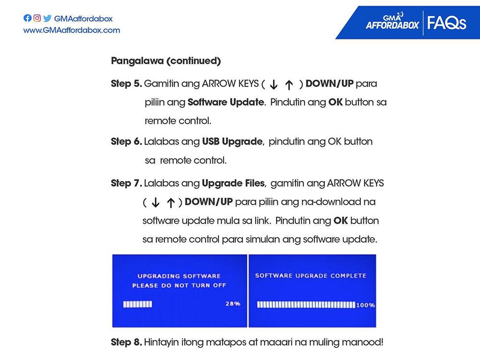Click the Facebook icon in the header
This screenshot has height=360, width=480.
click(27, 19)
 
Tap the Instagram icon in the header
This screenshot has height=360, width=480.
click(37, 19)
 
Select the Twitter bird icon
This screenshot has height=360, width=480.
click(47, 19)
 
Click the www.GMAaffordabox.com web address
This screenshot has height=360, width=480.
click(72, 30)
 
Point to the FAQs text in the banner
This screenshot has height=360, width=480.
click(446, 23)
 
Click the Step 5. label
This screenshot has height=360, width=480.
click(126, 84)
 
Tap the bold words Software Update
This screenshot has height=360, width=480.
click(226, 102)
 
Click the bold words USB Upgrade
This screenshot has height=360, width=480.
click(232, 142)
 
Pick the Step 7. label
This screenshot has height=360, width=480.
click(126, 183)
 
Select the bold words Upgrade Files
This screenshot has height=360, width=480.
click(233, 183)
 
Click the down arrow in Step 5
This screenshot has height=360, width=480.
click(273, 85)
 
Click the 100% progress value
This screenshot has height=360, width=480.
click(366, 305)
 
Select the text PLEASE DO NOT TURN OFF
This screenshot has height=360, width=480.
click(179, 286)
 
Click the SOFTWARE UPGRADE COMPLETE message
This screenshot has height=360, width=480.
click(311, 276)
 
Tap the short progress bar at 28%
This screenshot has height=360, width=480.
click(137, 304)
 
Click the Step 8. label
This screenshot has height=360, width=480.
click(126, 343)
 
